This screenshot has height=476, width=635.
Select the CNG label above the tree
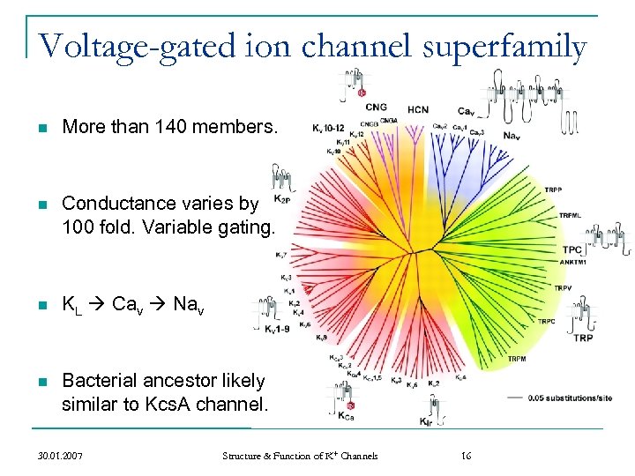click(x=375, y=107)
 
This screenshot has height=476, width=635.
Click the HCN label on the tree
click(x=418, y=109)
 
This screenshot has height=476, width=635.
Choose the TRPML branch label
click(x=570, y=216)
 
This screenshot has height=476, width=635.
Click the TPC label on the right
click(x=571, y=249)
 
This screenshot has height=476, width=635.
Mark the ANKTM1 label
click(x=572, y=261)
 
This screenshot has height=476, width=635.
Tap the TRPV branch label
click(x=564, y=288)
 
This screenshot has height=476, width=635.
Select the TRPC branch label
click(x=547, y=321)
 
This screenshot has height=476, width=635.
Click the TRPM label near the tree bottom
click(x=519, y=359)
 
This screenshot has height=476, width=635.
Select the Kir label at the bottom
click(x=427, y=421)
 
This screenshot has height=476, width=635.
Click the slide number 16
click(x=467, y=456)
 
